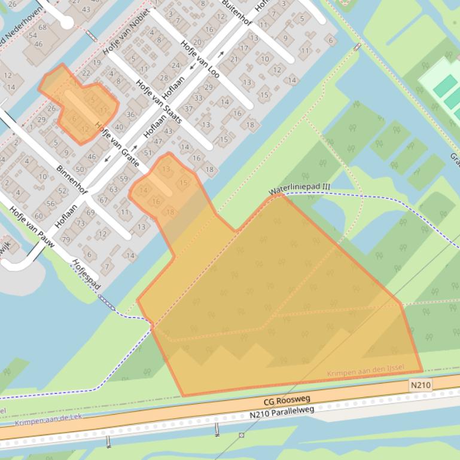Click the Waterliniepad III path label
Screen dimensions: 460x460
299,189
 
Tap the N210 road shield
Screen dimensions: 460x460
421,385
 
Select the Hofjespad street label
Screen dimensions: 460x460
84,274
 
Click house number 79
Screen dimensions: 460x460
66,240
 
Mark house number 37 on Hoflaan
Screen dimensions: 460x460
188,109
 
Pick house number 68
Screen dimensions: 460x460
42,27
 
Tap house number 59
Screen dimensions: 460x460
124,179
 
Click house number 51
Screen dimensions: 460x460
148,153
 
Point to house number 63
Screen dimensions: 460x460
113,189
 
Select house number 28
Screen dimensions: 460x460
164,78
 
